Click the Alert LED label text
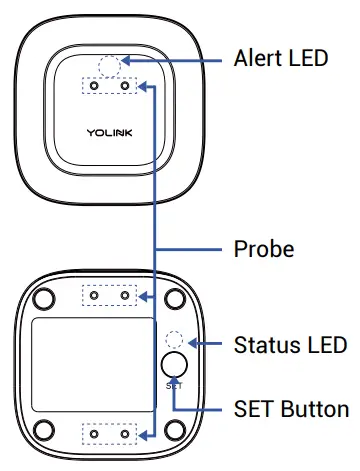pyautogui.click(x=279, y=58)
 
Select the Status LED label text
pyautogui.click(x=289, y=345)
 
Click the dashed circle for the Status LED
pyautogui.click(x=174, y=340)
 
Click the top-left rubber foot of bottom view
pyautogui.click(x=46, y=300)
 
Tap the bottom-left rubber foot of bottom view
pyautogui.click(x=46, y=430)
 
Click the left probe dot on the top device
pyautogui.click(x=95, y=87)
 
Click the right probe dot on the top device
pyautogui.click(x=125, y=87)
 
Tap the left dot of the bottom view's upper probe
pyautogui.click(x=95, y=296)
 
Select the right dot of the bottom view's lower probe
pyautogui.click(x=125, y=435)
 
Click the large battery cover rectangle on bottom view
pyautogui.click(x=93, y=365)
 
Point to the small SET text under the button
pyautogui.click(x=174, y=384)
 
